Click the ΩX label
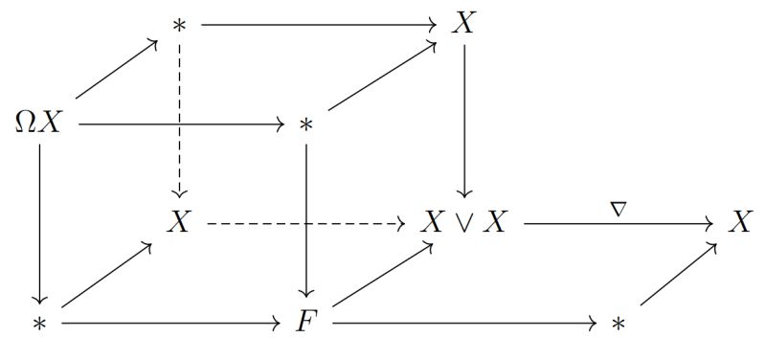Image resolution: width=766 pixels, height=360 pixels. (x=38, y=124)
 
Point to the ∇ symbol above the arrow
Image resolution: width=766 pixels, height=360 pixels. (x=618, y=206)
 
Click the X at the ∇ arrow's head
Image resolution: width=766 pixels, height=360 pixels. (x=738, y=224)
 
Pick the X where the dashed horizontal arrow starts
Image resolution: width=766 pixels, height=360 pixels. (x=178, y=224)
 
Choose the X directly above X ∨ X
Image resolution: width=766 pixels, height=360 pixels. (x=463, y=23)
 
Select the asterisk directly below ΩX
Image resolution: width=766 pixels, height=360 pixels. (x=39, y=325)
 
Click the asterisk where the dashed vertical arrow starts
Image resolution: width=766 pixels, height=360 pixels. (x=178, y=25)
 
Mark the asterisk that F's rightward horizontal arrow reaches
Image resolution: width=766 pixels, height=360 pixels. (x=618, y=325)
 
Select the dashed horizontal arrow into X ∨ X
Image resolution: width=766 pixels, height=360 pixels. (x=306, y=225)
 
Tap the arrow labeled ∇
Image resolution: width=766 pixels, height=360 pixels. (x=618, y=225)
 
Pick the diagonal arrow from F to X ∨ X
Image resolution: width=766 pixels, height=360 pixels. (x=381, y=276)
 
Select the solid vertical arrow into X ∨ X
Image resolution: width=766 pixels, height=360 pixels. (x=463, y=120)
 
